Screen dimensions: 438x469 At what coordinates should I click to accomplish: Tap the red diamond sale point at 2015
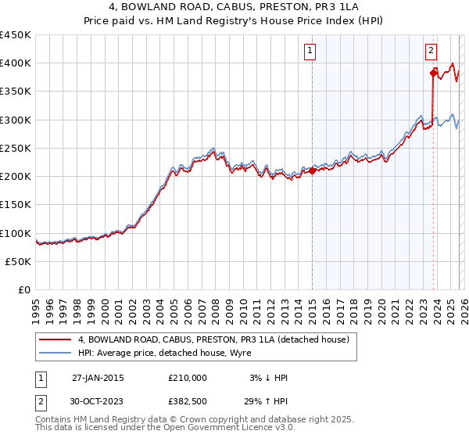coord(312,171)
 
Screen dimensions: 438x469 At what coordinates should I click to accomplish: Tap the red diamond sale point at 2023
coord(433,74)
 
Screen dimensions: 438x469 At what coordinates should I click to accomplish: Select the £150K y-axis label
coord(16,205)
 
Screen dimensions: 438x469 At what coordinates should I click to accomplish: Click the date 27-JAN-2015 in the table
coord(98,378)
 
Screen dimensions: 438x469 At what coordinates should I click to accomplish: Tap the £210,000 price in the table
coord(188,378)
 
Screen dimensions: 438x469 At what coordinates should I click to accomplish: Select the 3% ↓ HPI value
coord(269,378)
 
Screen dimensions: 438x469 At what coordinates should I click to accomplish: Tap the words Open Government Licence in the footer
coord(209,428)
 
